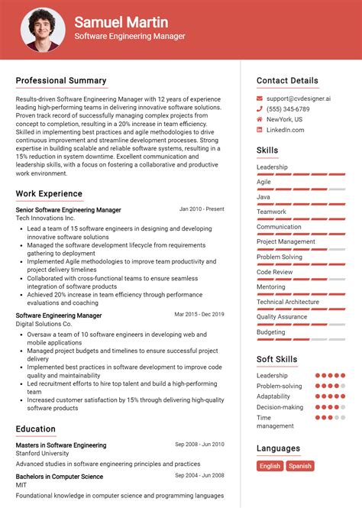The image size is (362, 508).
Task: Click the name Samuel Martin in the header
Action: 121,22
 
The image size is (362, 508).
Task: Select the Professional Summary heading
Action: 61,81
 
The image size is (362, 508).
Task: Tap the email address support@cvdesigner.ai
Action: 299,99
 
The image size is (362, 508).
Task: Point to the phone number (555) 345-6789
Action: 289,109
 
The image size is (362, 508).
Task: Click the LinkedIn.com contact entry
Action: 285,130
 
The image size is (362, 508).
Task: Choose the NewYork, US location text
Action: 284,120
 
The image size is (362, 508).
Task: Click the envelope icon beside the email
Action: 260,99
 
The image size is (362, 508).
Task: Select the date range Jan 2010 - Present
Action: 202,209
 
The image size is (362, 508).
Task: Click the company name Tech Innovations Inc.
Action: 45,218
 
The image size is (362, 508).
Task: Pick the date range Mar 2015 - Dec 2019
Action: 199,314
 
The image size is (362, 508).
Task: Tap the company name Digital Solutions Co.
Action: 44,324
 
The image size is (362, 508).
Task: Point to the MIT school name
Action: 22,486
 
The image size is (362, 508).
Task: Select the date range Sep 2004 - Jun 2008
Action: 199,476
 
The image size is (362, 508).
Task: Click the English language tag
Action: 270,466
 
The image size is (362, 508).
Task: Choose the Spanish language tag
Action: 300,466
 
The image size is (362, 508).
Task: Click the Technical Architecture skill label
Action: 288,302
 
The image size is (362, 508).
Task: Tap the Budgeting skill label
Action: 270,332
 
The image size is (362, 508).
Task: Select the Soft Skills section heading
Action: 277,360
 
